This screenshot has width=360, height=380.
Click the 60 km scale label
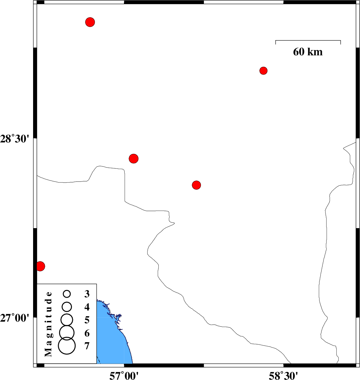pyautogui.click(x=308, y=52)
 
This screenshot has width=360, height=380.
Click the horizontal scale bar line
pyautogui.click(x=308, y=40)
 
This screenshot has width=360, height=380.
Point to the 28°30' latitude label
pyautogui.click(x=15, y=139)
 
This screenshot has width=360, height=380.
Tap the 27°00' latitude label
pyautogui.click(x=15, y=318)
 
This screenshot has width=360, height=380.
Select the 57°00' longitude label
pyautogui.click(x=124, y=375)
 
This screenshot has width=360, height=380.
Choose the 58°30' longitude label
pyautogui.click(x=283, y=375)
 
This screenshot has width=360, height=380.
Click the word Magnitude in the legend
pyautogui.click(x=49, y=324)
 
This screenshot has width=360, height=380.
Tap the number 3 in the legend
pyautogui.click(x=87, y=294)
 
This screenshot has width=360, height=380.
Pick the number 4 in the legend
pyautogui.click(x=87, y=307)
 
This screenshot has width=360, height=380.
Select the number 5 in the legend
pyautogui.click(x=87, y=320)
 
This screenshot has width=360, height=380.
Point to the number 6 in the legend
pyautogui.click(x=87, y=333)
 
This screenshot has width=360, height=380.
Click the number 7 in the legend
pyautogui.click(x=87, y=346)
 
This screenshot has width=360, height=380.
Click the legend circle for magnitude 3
pyautogui.click(x=67, y=294)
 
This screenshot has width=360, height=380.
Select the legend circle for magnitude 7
pyautogui.click(x=67, y=346)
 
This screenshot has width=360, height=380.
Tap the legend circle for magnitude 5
pyautogui.click(x=67, y=320)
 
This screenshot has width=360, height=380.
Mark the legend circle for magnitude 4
pyautogui.click(x=67, y=307)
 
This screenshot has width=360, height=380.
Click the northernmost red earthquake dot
pyautogui.click(x=90, y=22)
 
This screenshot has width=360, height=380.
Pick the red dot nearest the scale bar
pyautogui.click(x=263, y=71)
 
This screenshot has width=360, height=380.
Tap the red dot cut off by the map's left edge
pyautogui.click(x=41, y=266)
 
